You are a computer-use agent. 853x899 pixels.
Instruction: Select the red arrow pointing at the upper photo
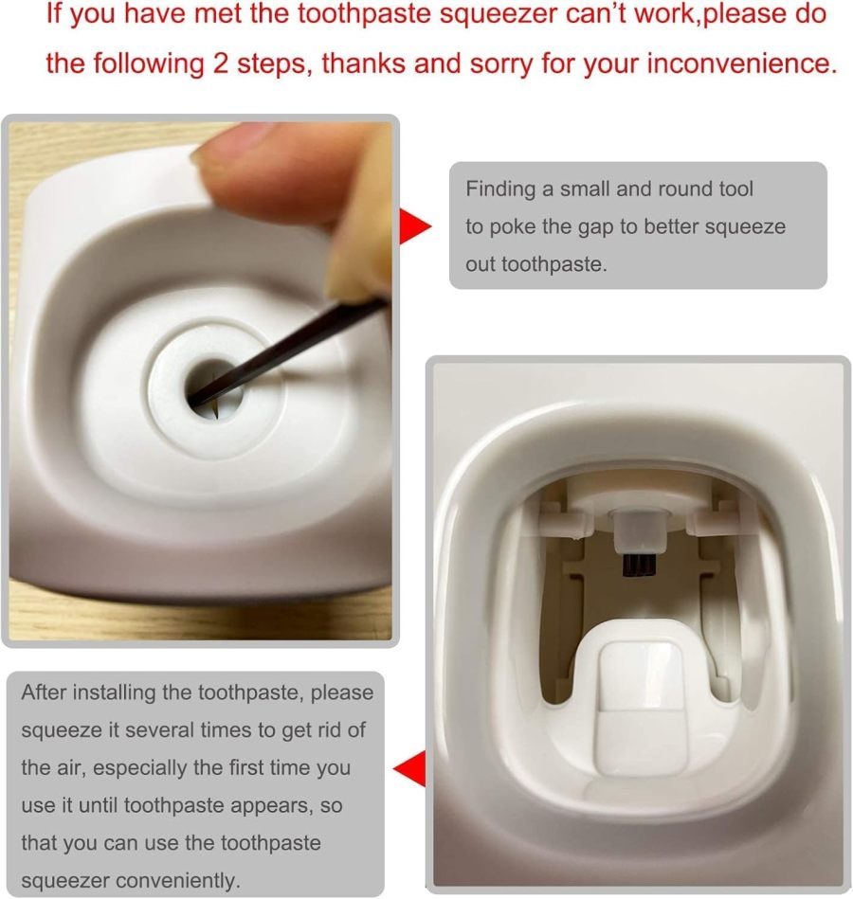[x=414, y=225]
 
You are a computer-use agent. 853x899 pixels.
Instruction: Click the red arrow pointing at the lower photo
[x=409, y=767]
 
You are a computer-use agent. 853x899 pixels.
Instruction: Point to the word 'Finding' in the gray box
[x=500, y=189]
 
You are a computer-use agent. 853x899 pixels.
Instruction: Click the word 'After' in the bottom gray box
[x=45, y=692]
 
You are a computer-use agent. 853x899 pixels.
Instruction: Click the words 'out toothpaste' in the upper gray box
[x=535, y=265]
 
